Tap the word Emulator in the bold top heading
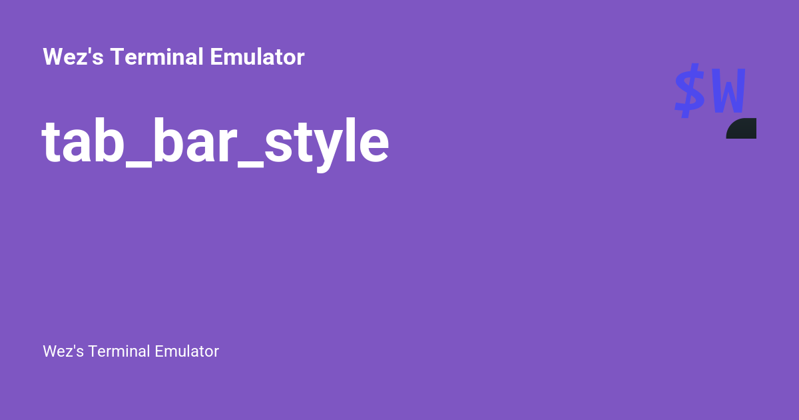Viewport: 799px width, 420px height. (x=257, y=57)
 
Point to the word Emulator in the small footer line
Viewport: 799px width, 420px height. (x=186, y=351)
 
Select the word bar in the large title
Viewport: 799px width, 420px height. (x=188, y=143)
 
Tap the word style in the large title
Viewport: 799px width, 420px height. (x=326, y=143)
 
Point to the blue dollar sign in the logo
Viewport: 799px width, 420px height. (x=689, y=91)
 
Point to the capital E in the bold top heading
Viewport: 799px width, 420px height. (x=216, y=57)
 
